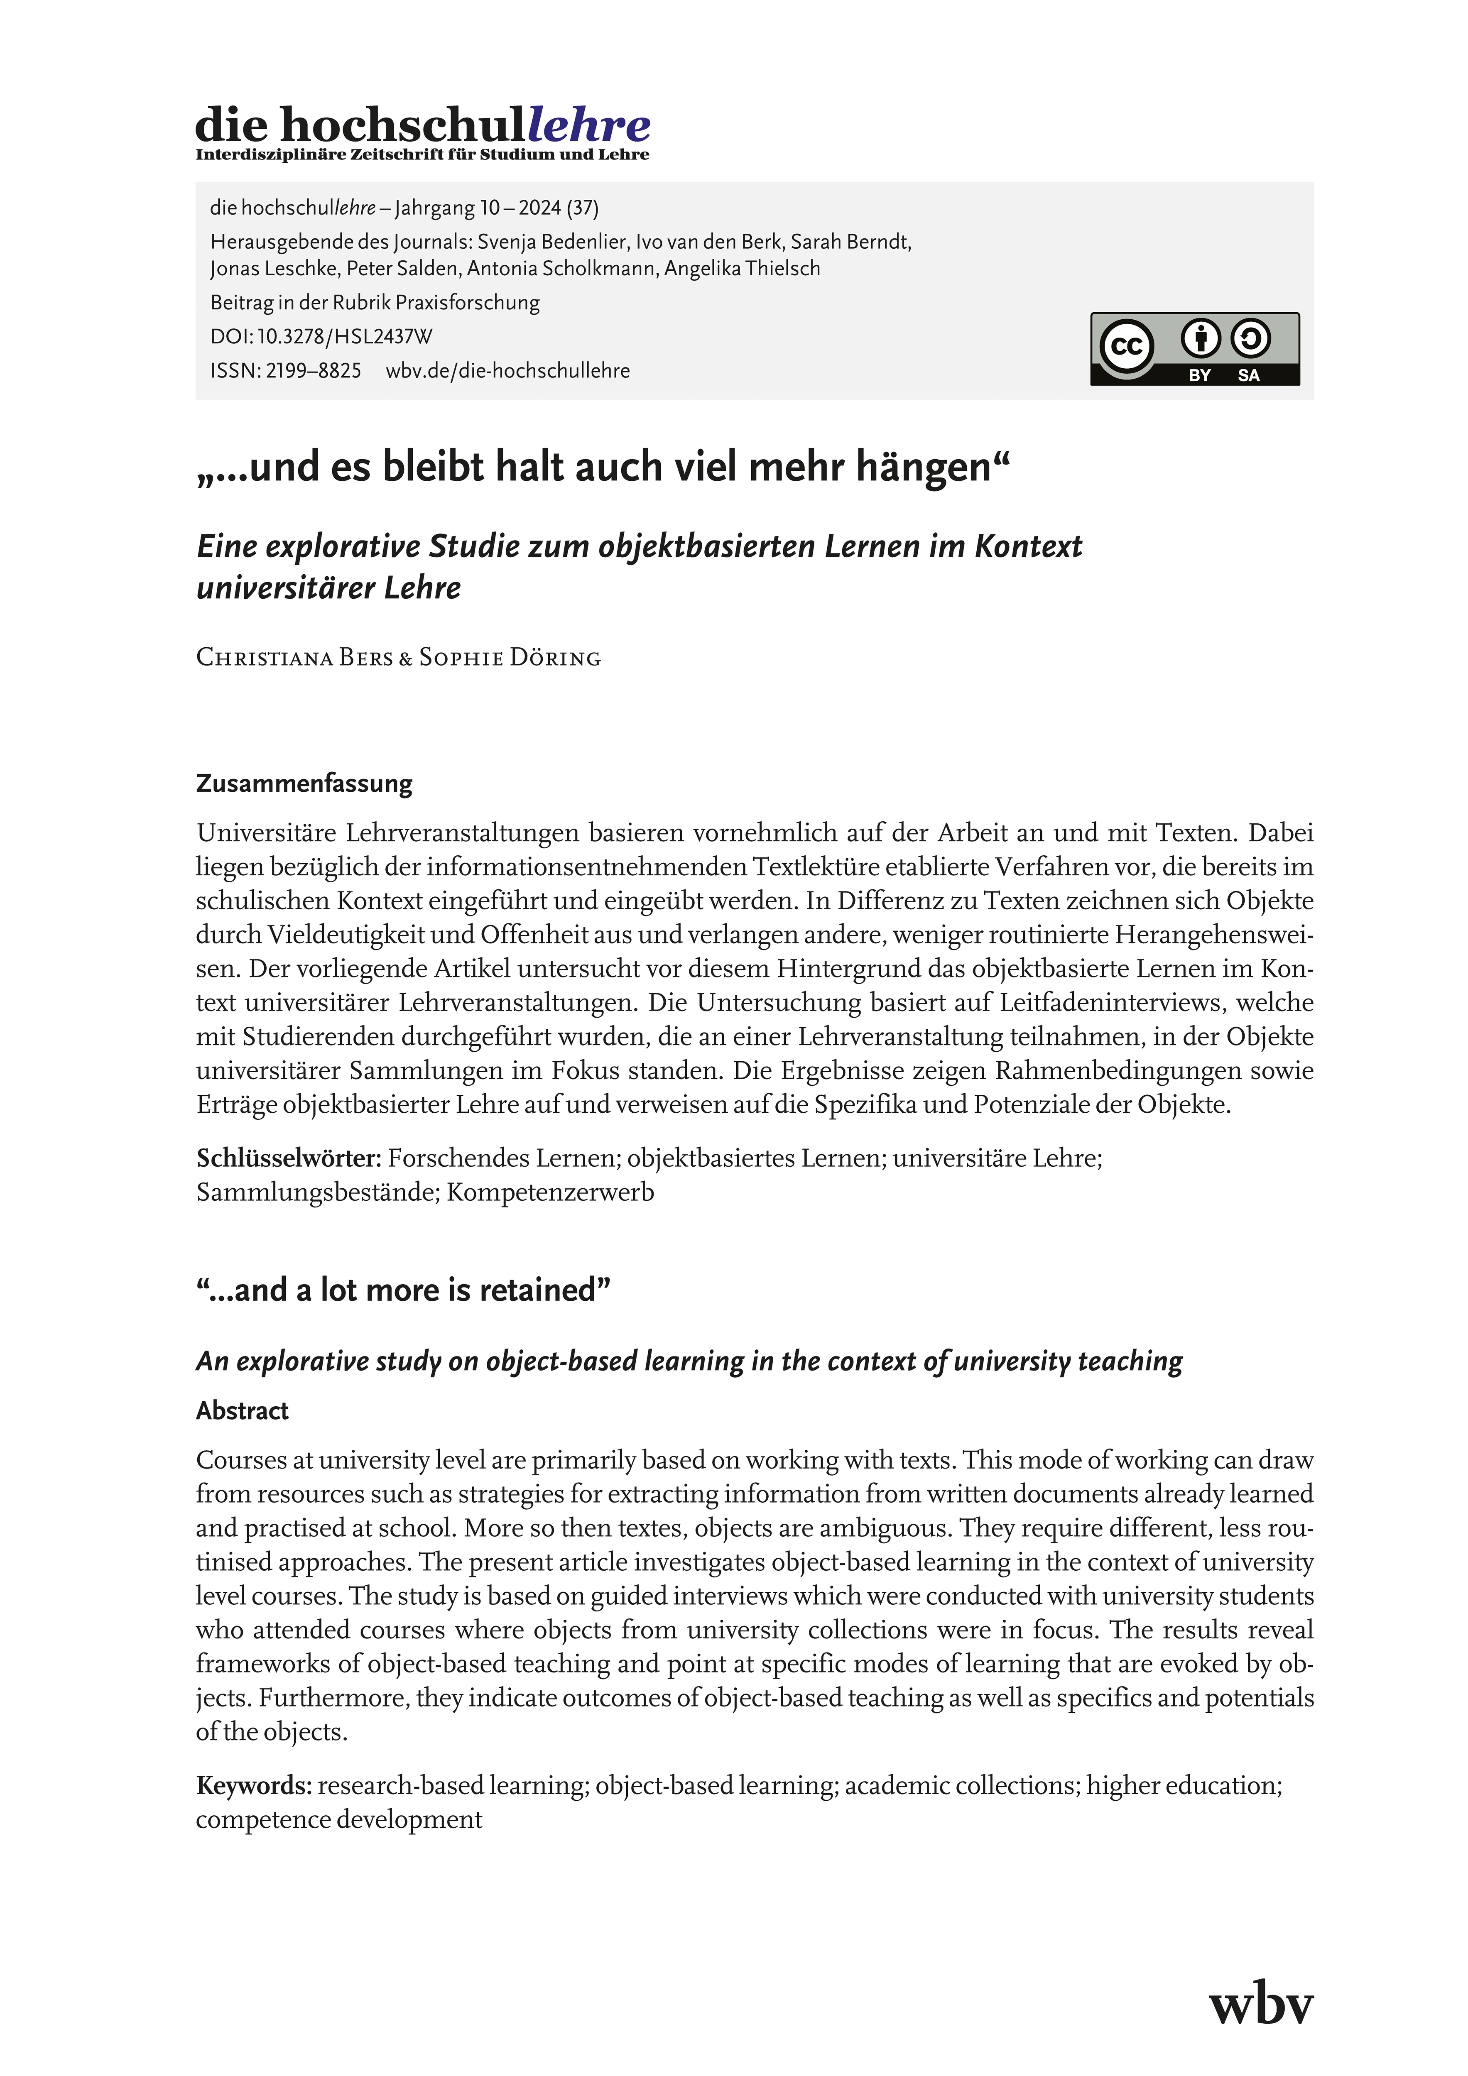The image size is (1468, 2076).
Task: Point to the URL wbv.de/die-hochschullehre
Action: pyautogui.click(x=507, y=371)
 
